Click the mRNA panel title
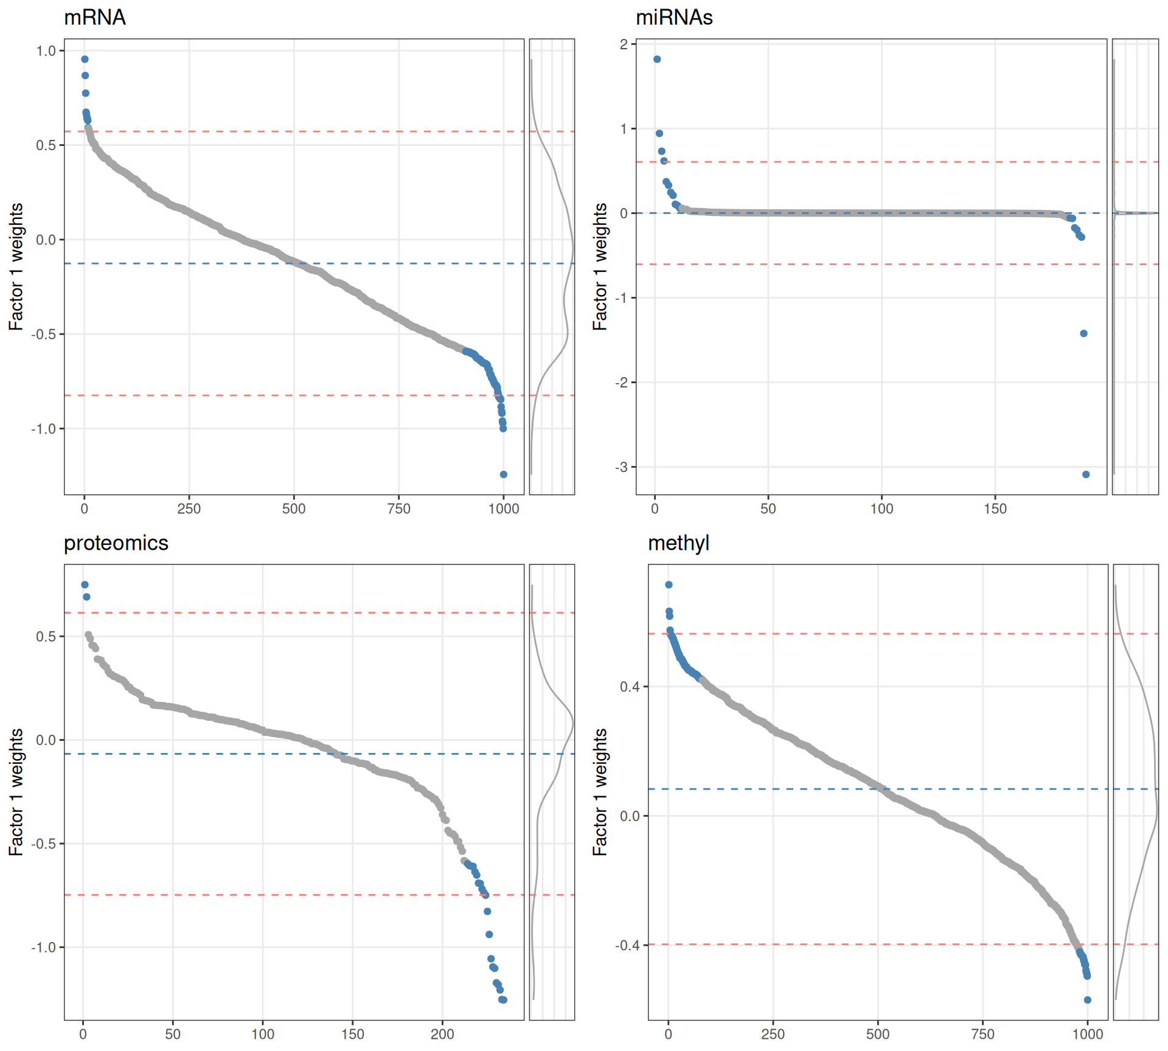click(95, 18)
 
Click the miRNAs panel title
click(674, 18)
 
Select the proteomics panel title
click(116, 543)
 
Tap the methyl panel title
click(678, 543)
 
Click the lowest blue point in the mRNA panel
click(504, 474)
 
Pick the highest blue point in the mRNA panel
click(85, 59)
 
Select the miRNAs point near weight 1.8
click(657, 59)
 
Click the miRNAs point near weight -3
click(1086, 474)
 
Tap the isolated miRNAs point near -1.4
click(1083, 333)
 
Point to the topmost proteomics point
click(85, 584)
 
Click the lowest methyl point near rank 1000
click(1088, 1000)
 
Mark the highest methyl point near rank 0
click(669, 584)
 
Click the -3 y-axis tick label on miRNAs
click(621, 467)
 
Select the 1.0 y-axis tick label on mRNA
click(46, 51)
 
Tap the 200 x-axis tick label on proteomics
click(442, 1035)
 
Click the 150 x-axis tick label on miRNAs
click(995, 509)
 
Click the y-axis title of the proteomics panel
click(16, 792)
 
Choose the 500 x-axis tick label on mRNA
click(294, 509)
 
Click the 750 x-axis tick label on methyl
click(982, 1035)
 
